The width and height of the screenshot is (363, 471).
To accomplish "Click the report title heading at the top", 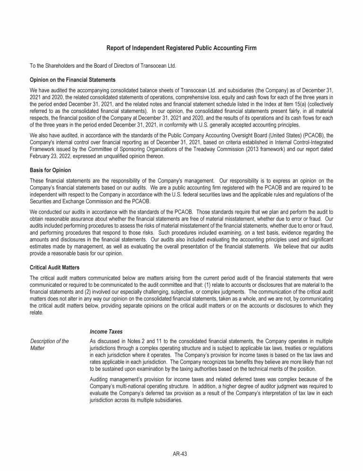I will pyautogui.click(x=181, y=48).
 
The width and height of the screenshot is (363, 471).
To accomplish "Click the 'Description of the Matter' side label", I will pyautogui.click(x=49, y=345).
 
